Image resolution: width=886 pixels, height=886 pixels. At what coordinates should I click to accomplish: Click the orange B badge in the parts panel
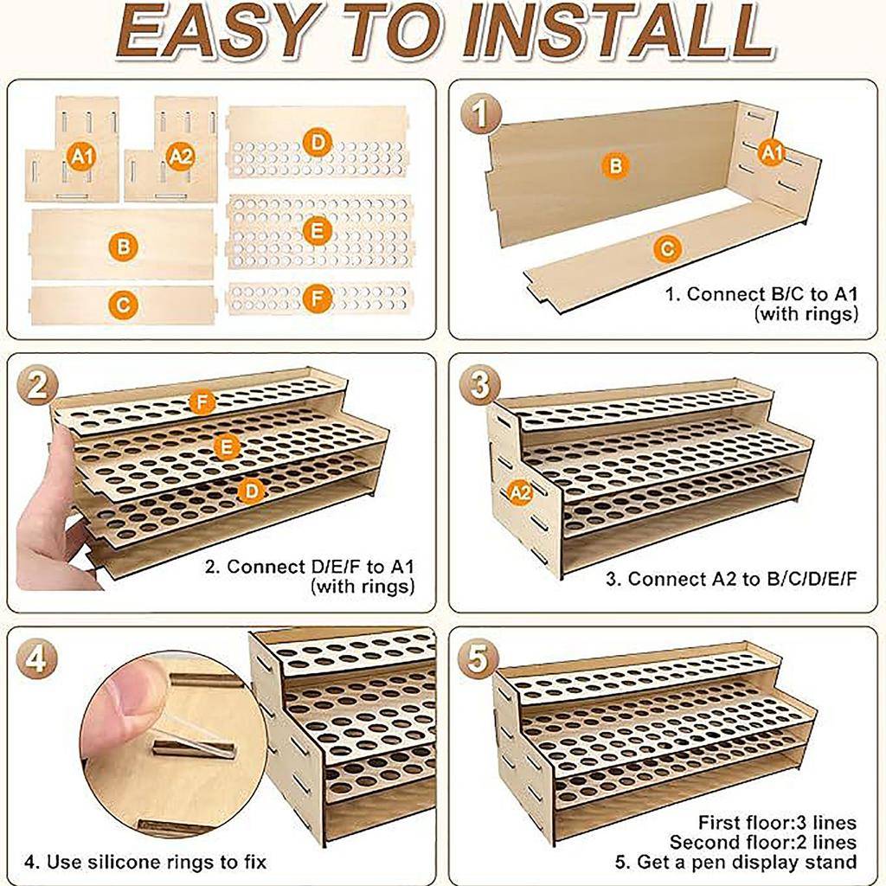point(123,247)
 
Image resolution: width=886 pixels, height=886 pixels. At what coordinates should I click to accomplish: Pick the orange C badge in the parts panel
point(123,305)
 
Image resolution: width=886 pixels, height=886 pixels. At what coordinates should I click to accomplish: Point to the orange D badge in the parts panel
point(317,143)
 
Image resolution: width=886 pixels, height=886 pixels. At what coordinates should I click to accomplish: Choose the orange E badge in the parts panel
point(317,231)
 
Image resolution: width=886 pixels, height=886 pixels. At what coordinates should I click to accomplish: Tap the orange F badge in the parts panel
point(317,299)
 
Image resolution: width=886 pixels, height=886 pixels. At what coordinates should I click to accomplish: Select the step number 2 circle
point(36,387)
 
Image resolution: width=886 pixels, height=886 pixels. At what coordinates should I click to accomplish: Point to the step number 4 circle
point(36,658)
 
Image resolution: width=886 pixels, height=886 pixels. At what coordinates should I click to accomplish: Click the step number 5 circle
point(478,658)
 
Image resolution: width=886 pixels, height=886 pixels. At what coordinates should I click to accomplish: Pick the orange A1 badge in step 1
point(771,153)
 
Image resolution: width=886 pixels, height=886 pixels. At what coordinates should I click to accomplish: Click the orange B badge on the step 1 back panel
point(615,166)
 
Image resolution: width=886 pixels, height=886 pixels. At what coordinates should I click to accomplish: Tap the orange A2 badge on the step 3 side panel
point(520,492)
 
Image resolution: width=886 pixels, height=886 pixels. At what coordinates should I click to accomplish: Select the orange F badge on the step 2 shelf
point(202,403)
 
